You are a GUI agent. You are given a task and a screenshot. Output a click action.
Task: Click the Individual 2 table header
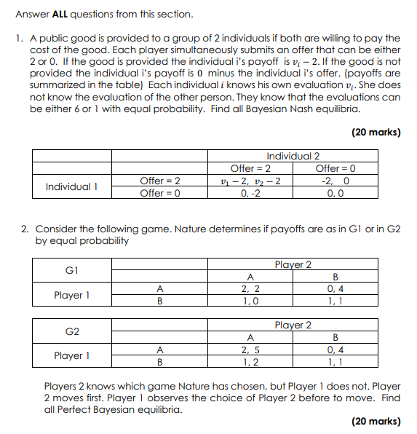click(x=293, y=156)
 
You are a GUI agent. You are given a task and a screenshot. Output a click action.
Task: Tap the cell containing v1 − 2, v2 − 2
click(x=250, y=181)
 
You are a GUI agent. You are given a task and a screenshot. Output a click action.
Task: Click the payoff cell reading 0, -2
click(x=250, y=193)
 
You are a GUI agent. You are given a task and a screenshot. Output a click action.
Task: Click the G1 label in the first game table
click(x=71, y=269)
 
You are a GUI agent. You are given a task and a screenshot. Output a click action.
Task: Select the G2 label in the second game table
click(x=71, y=331)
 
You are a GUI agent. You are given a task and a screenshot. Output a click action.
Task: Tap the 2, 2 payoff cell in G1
click(x=250, y=288)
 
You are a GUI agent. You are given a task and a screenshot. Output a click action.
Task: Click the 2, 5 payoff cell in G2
click(x=250, y=350)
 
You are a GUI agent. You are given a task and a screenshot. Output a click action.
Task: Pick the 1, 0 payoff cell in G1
click(x=250, y=300)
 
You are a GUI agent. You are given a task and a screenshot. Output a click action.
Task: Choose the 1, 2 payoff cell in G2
click(x=250, y=362)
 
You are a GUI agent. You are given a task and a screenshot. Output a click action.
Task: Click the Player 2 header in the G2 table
click(x=293, y=325)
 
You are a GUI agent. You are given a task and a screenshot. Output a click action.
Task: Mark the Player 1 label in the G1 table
click(x=71, y=295)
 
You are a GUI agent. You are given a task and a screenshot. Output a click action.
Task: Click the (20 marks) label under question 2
click(x=376, y=421)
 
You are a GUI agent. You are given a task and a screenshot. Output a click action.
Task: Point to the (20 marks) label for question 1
click(x=376, y=133)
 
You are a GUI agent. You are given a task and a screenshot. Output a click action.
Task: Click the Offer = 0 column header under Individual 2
click(x=335, y=168)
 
